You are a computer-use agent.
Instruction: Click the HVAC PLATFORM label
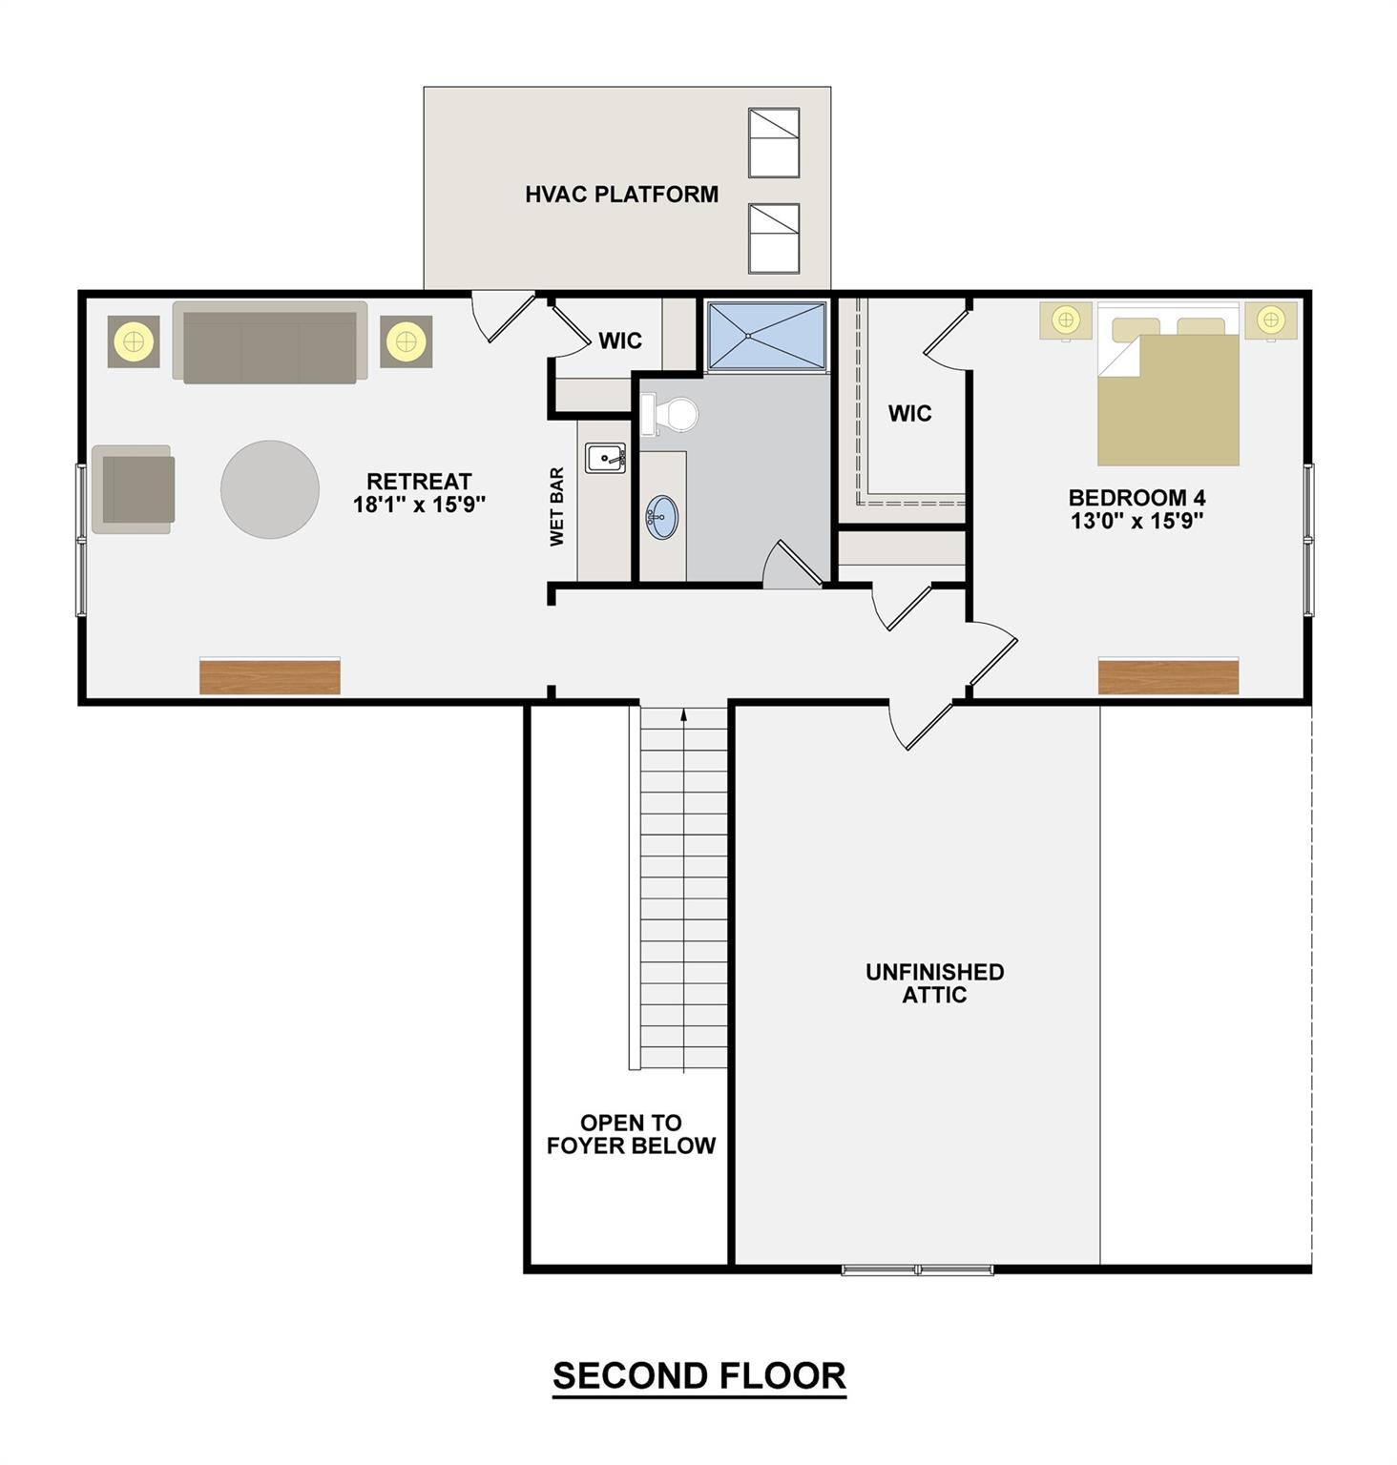tap(621, 195)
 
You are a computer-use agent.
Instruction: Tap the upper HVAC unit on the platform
tap(773, 143)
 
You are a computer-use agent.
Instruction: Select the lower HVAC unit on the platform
tap(773, 238)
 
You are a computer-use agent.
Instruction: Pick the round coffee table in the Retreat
tap(270, 489)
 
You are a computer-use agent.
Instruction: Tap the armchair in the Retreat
tap(135, 489)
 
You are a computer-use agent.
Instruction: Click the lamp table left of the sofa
tap(134, 340)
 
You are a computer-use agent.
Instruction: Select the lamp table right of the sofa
tap(406, 340)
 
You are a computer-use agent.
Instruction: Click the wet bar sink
tap(605, 459)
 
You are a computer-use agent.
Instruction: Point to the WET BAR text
tap(557, 506)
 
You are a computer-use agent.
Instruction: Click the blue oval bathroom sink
tap(662, 517)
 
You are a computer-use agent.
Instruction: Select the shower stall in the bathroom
tap(766, 336)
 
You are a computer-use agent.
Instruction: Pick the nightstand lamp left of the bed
tap(1066, 320)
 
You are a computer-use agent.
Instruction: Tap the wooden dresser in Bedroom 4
tap(1168, 676)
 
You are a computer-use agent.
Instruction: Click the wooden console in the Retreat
tap(270, 676)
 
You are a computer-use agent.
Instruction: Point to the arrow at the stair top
tap(683, 713)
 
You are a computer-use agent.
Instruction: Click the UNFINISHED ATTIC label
tap(934, 983)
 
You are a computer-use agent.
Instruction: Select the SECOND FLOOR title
tap(698, 1376)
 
